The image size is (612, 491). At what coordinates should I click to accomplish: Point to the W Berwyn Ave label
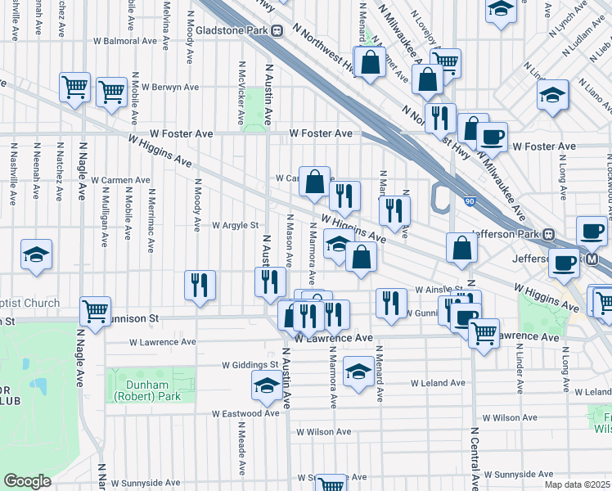(170, 86)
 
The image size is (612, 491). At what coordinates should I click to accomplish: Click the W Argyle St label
(235, 225)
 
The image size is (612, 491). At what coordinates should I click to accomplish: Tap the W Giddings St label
(250, 365)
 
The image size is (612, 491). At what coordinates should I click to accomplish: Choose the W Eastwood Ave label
(245, 413)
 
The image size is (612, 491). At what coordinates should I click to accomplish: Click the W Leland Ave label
(438, 382)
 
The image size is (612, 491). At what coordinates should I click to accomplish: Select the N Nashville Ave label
(13, 176)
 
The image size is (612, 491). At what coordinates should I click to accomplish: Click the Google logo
(27, 480)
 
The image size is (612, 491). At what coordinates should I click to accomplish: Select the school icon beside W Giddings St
(267, 386)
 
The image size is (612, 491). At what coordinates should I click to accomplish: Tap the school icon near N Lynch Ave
(501, 11)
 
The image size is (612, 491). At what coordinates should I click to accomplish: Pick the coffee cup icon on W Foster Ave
(492, 137)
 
